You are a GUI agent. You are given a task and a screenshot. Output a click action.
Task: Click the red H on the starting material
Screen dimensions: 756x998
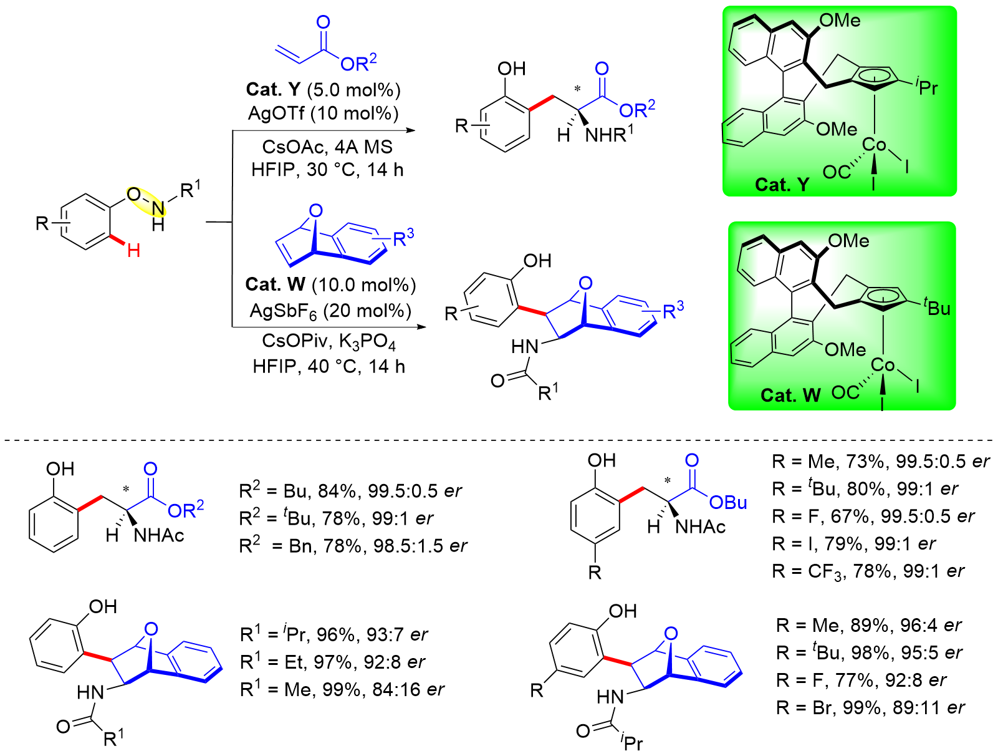point(133,251)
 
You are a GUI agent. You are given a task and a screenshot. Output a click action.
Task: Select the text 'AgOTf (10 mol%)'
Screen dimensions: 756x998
point(324,113)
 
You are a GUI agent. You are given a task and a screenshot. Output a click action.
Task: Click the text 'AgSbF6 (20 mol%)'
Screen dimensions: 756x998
point(330,311)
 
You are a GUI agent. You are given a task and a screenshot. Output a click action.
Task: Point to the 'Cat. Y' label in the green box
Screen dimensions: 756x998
point(782,185)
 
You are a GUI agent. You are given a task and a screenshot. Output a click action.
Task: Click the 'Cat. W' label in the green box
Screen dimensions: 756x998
point(790,395)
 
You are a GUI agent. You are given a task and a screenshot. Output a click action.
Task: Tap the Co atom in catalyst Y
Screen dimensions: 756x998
point(874,145)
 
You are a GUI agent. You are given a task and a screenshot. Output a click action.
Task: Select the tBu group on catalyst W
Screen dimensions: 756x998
point(937,307)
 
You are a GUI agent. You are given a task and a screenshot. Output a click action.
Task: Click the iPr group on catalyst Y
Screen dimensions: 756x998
point(927,86)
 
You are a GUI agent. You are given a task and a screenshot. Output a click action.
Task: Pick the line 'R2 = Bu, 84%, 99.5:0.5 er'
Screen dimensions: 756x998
point(350,491)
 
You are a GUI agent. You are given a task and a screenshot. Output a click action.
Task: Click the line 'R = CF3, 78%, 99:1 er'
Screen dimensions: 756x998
point(868,571)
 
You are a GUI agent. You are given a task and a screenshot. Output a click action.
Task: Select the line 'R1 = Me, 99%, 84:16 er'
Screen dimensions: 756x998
point(342,689)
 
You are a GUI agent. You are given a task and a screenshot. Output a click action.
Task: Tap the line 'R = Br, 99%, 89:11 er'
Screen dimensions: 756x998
point(870,707)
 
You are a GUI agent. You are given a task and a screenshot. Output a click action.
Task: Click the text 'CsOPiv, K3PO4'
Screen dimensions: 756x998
point(329,341)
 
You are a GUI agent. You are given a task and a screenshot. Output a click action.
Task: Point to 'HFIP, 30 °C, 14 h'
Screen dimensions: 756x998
point(327,170)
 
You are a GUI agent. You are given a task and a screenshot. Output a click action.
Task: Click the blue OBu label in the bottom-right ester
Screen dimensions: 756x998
point(727,503)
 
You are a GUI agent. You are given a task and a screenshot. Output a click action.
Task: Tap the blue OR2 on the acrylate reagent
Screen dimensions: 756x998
point(358,62)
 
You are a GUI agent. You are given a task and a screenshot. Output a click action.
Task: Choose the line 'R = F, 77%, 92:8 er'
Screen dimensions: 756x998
point(861,680)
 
